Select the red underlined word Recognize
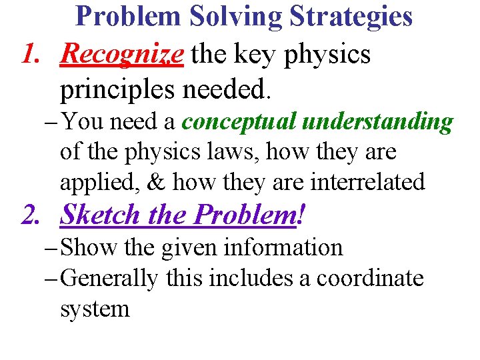click(x=121, y=54)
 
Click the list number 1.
click(x=33, y=54)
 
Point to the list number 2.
click(x=33, y=215)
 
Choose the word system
click(x=95, y=309)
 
